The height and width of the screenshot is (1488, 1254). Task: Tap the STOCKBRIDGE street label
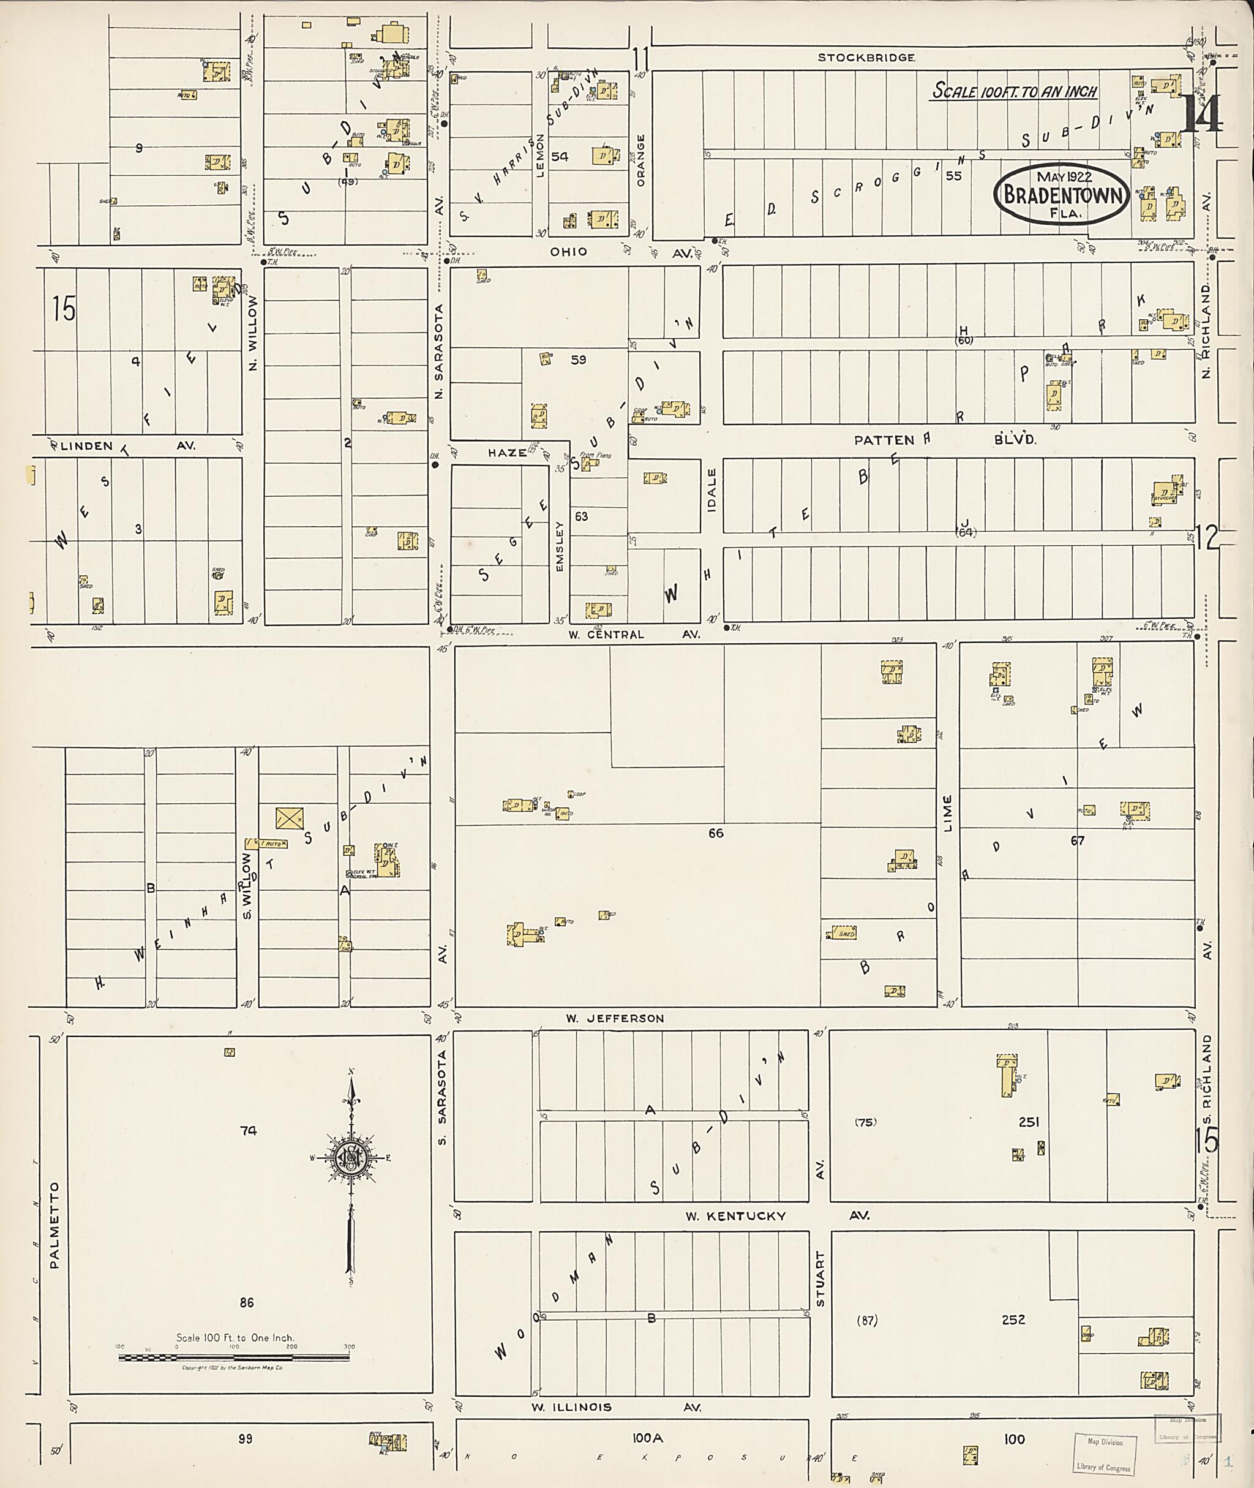click(x=866, y=58)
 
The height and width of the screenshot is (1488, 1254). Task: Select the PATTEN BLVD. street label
click(x=945, y=440)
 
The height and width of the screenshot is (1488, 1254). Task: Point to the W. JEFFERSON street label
click(x=615, y=1019)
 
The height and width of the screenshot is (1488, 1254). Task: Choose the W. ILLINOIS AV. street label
click(x=617, y=1407)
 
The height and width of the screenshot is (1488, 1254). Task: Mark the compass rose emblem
click(x=351, y=1158)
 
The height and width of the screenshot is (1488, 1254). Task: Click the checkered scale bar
click(x=234, y=1358)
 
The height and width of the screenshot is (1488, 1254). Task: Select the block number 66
click(x=715, y=833)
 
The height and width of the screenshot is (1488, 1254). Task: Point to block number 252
click(x=1013, y=1320)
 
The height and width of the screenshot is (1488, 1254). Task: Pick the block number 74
click(x=248, y=1130)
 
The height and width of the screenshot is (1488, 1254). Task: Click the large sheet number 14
click(x=1201, y=114)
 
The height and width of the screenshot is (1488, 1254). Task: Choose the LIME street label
click(x=947, y=812)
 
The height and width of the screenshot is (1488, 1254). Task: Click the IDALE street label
click(x=711, y=489)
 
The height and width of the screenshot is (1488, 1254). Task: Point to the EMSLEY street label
click(x=560, y=546)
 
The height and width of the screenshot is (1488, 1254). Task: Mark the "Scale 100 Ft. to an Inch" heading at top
click(x=1015, y=91)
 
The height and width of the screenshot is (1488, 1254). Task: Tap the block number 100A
click(x=648, y=1438)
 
